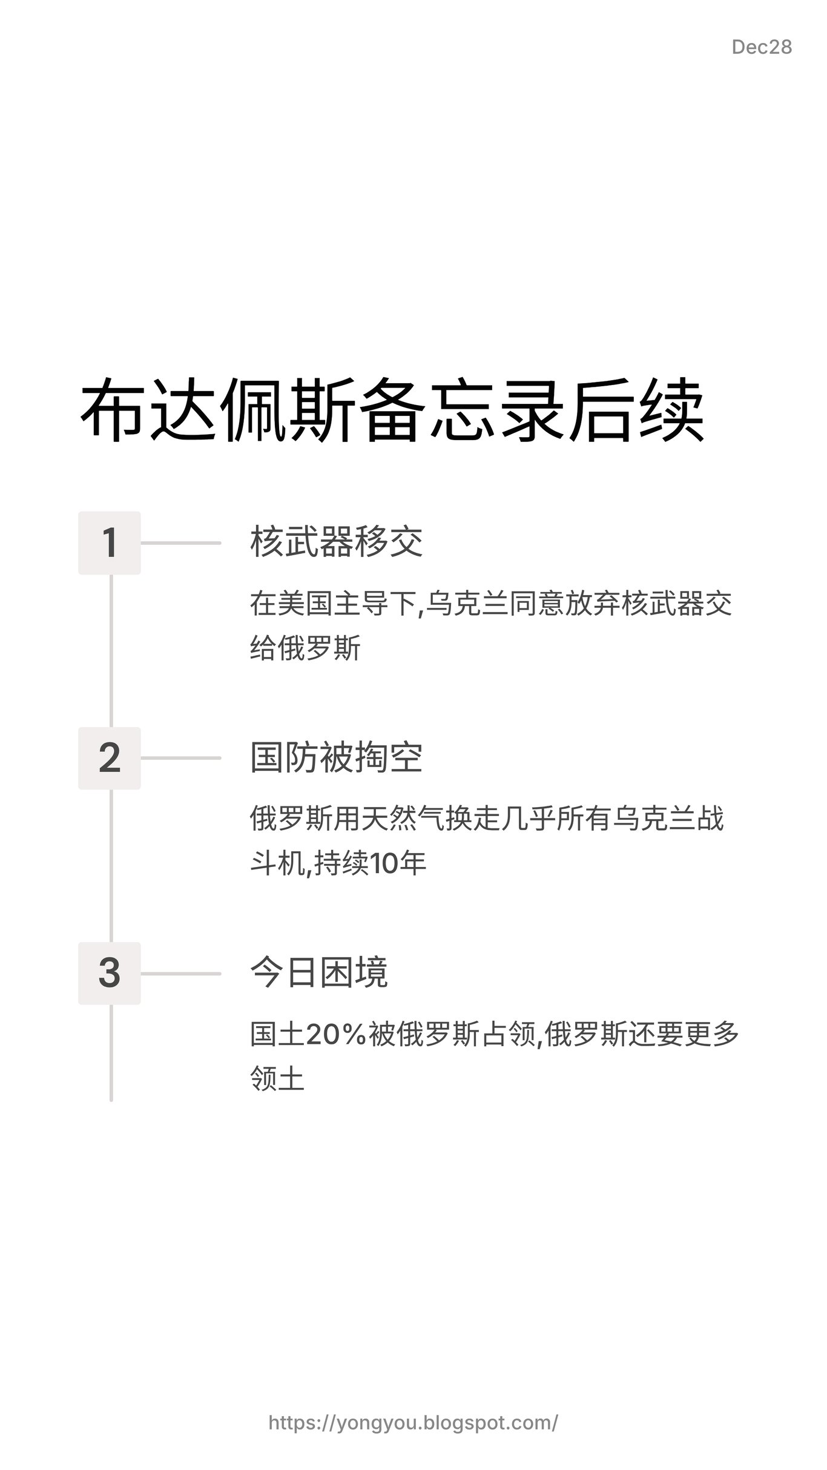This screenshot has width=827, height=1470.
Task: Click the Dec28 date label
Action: [x=761, y=47]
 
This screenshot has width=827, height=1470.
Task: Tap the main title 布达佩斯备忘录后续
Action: [x=392, y=410]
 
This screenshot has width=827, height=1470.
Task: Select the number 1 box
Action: [x=110, y=542]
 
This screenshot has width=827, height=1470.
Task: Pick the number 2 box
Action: [x=110, y=758]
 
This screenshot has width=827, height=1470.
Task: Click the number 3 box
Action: [x=110, y=974]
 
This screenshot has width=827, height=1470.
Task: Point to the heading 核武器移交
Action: [x=336, y=542]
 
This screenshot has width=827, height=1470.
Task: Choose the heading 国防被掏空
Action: [x=336, y=757]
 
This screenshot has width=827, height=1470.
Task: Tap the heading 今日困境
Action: [x=319, y=973]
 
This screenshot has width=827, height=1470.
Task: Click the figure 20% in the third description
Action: [x=337, y=1035]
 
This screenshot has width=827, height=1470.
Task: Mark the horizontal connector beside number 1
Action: [x=180, y=542]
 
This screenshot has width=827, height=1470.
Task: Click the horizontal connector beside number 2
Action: [x=180, y=758]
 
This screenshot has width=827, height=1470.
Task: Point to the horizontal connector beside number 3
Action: [x=180, y=974]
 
